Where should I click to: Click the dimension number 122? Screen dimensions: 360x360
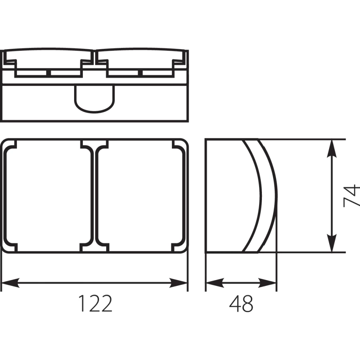(x=95, y=303)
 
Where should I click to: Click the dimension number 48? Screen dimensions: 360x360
(x=241, y=304)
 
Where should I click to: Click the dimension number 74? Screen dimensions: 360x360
(x=352, y=196)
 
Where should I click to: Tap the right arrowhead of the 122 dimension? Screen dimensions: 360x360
(x=178, y=283)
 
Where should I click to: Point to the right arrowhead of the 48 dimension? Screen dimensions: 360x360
(x=267, y=283)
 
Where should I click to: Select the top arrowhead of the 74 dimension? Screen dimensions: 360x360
(x=332, y=148)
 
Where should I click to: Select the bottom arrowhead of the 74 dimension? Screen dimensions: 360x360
(x=332, y=243)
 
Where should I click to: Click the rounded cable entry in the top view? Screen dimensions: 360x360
(x=94, y=99)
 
